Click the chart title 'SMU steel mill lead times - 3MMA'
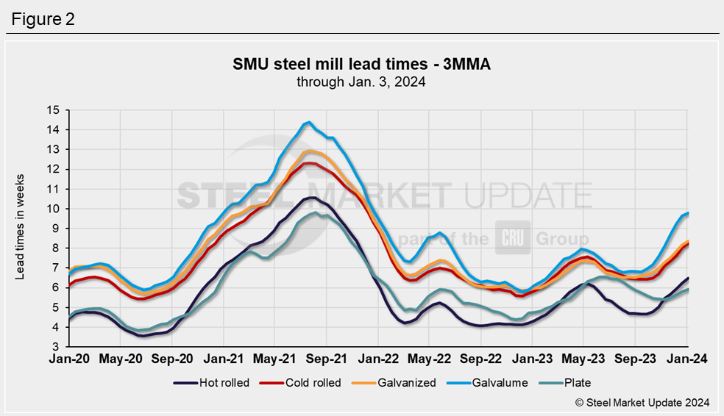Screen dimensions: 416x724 (x=361, y=65)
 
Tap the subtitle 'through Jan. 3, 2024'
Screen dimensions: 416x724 (x=361, y=82)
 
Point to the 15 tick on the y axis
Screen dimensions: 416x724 (x=52, y=110)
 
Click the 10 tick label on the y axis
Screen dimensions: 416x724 (x=52, y=209)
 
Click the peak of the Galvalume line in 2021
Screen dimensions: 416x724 (x=309, y=122)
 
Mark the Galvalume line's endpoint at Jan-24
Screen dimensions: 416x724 (x=687, y=213)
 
